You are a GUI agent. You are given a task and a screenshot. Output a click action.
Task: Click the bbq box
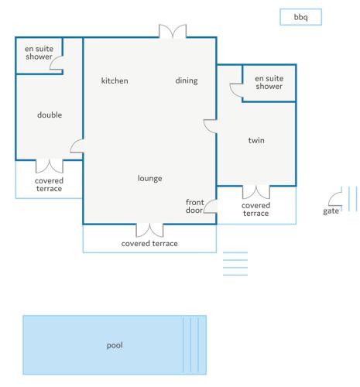click(x=300, y=17)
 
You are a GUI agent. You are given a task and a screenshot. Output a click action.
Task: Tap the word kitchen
click(x=115, y=80)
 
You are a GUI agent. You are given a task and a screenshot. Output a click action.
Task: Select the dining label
click(x=187, y=80)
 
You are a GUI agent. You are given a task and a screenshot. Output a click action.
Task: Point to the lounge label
click(x=150, y=178)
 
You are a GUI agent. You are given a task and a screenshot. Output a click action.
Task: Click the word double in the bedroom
click(x=50, y=115)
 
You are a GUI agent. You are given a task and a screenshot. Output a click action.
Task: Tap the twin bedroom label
click(x=256, y=140)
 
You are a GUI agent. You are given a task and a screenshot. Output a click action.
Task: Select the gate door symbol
click(x=335, y=200)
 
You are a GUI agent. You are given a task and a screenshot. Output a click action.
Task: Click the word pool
click(x=115, y=345)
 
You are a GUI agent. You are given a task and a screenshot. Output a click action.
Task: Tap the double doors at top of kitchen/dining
click(x=173, y=32)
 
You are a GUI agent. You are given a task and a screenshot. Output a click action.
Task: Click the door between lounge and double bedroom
click(x=77, y=146)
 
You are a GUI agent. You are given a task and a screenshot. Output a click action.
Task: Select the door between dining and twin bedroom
click(x=210, y=126)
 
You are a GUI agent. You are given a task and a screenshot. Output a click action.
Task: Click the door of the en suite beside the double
click(x=57, y=63)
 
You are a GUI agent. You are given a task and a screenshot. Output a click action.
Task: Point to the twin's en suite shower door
click(x=236, y=91)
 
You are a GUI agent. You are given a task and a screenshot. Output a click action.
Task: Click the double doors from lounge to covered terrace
click(x=149, y=231)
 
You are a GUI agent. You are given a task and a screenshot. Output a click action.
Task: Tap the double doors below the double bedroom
click(x=50, y=166)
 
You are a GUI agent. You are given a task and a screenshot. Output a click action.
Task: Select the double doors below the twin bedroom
click(x=256, y=192)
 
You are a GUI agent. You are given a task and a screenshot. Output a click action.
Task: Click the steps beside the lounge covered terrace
click(x=235, y=264)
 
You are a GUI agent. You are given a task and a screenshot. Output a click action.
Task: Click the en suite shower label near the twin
click(x=269, y=82)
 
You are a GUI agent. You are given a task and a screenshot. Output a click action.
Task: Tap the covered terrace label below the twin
click(x=256, y=210)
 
